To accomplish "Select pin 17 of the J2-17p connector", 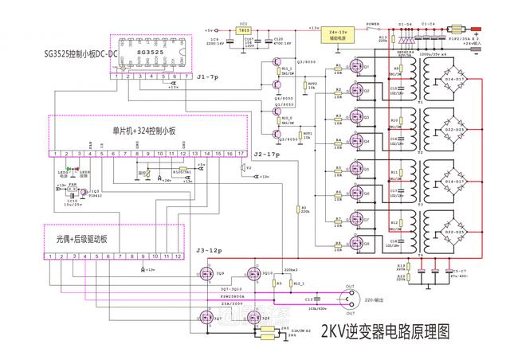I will pos(240,151).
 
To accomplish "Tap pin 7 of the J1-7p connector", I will pos(186,76).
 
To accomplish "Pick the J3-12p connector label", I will pos(209,250).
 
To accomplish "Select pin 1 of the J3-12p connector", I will pos(50,257).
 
